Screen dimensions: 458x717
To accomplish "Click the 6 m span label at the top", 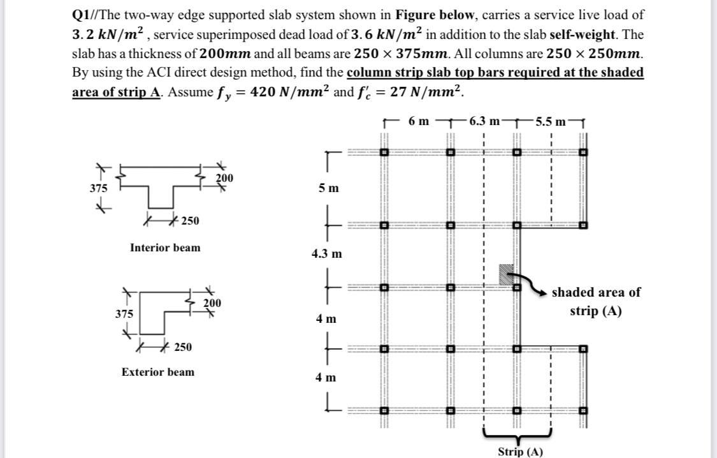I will click(x=419, y=121).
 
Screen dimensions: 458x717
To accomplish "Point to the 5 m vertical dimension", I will click(x=329, y=189).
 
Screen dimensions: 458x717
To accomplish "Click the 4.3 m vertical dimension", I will click(x=326, y=254).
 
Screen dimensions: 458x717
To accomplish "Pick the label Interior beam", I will click(x=164, y=247).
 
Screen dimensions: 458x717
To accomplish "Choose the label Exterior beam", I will click(x=158, y=372).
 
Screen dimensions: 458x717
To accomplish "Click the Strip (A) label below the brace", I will click(x=521, y=452).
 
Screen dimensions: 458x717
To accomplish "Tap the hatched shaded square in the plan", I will click(x=507, y=274).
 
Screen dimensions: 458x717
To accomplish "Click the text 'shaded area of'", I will click(x=596, y=292).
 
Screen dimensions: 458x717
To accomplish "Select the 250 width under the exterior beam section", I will click(x=182, y=347).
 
